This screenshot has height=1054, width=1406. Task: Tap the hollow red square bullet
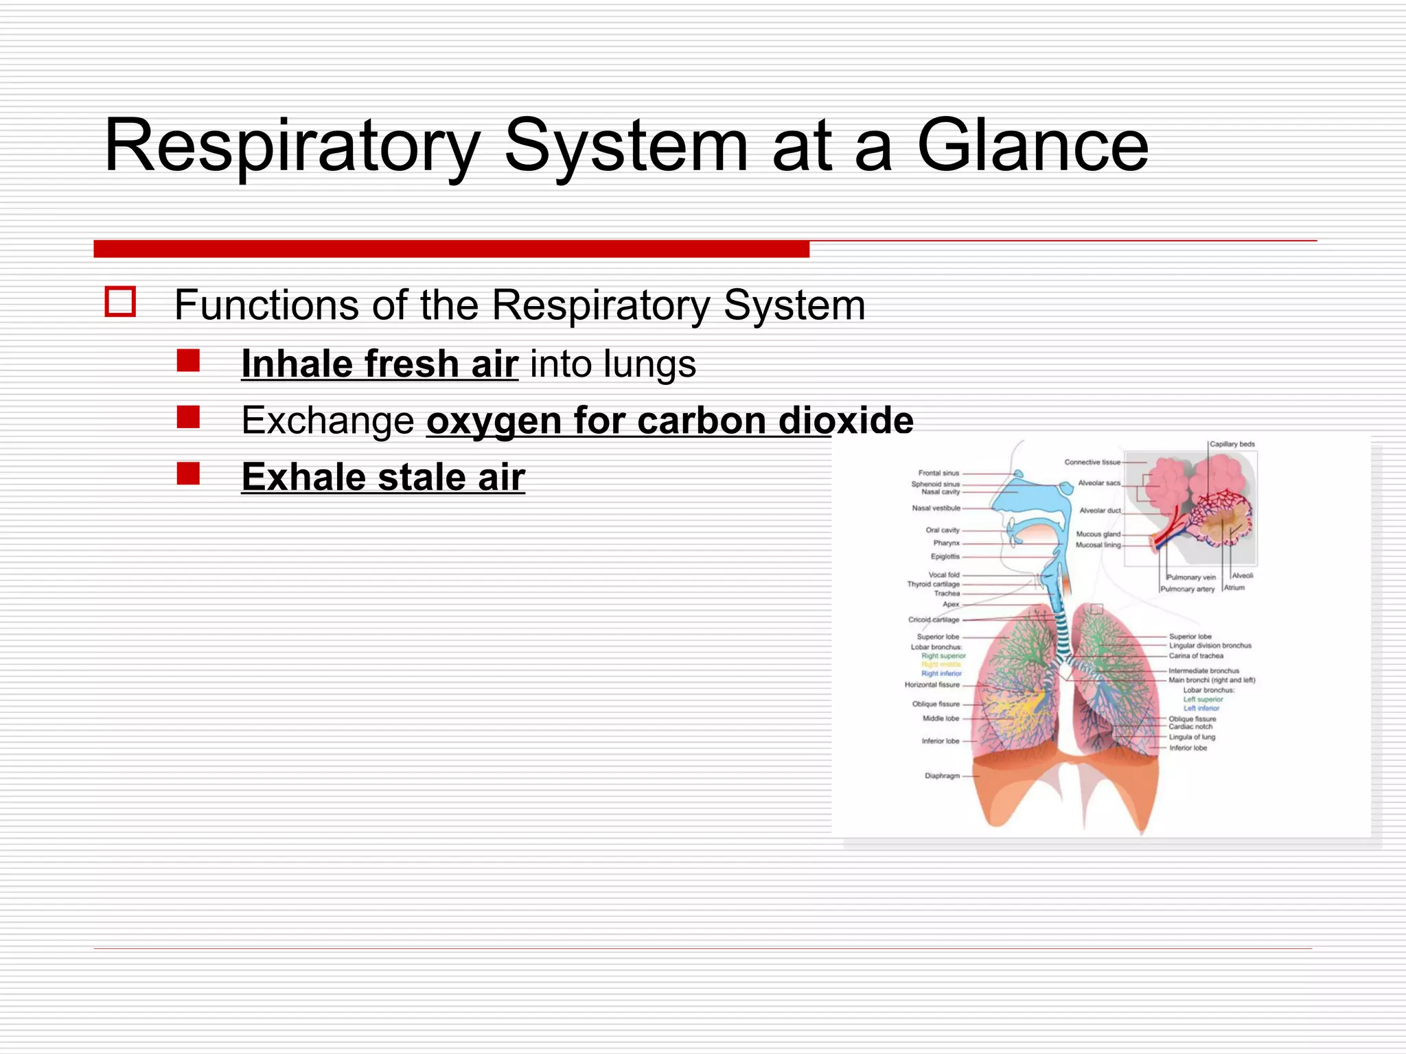[120, 302]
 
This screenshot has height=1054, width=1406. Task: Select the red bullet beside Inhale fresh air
[188, 361]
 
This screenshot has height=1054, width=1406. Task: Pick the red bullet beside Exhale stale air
[188, 473]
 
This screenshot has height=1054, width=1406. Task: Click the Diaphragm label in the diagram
[942, 776]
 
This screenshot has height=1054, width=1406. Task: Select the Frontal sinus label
[938, 473]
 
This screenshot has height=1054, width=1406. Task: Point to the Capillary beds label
[1232, 444]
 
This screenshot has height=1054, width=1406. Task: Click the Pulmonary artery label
[1187, 589]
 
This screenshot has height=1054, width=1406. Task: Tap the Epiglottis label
[945, 557]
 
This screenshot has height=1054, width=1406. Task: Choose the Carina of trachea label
[1196, 656]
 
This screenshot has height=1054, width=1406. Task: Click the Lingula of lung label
[1192, 737]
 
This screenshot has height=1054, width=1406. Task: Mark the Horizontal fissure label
[932, 685]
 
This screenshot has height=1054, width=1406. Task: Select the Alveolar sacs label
[1098, 483]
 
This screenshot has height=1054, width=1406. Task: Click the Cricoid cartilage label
[933, 620]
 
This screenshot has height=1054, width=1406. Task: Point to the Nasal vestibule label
[936, 508]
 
